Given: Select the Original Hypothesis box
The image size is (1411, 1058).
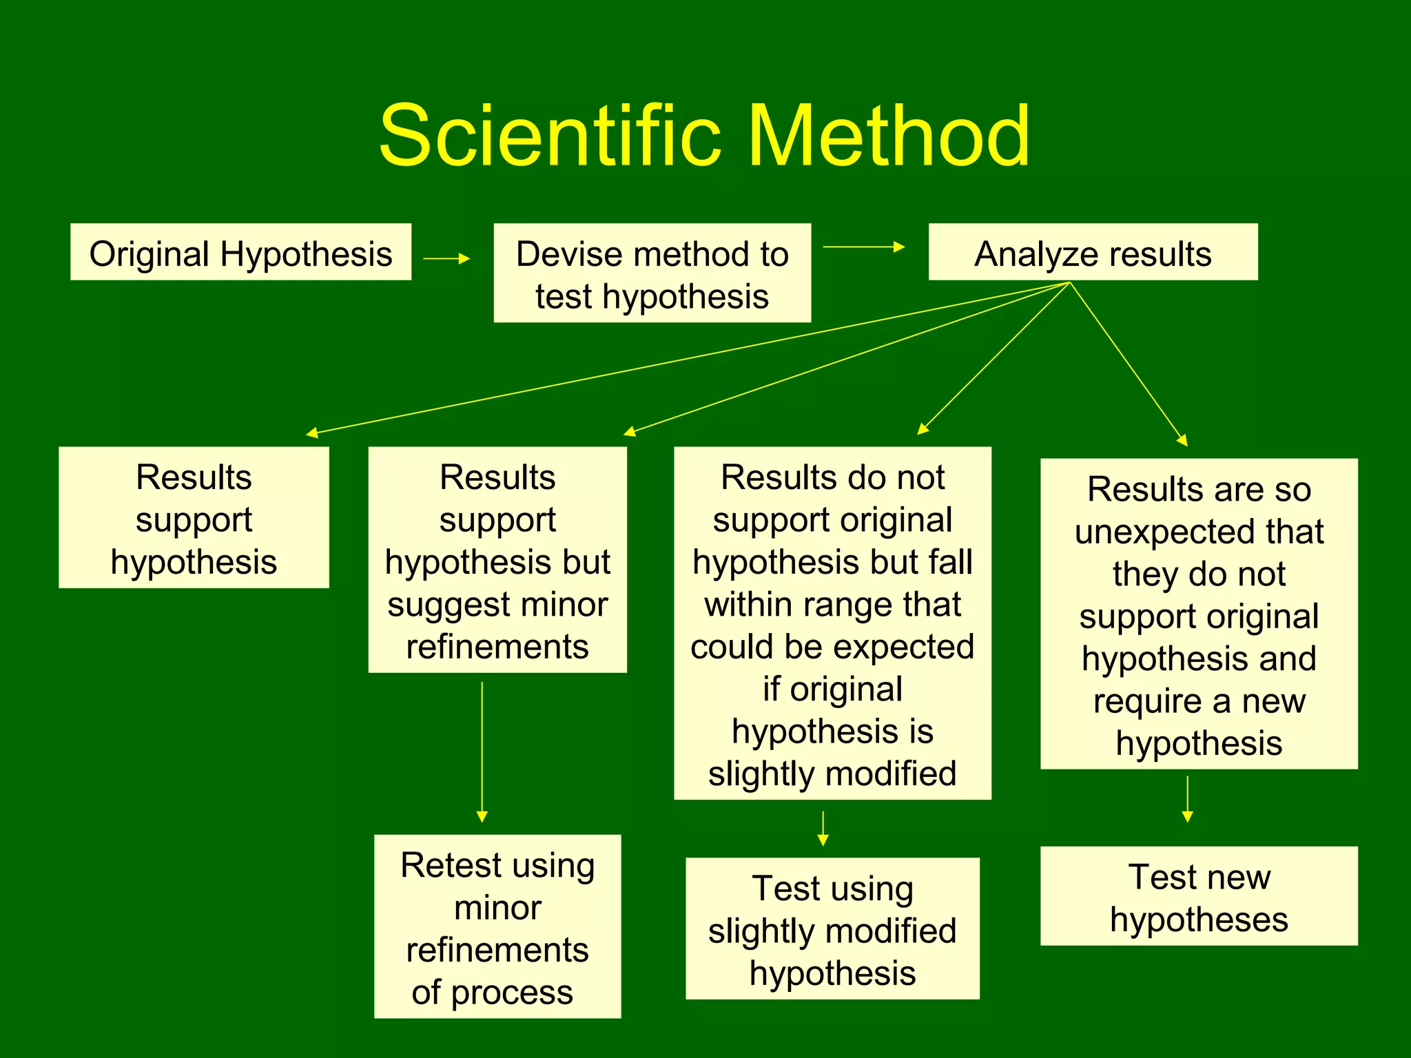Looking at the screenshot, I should point(240,252).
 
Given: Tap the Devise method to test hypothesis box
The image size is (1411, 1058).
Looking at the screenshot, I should point(652,273).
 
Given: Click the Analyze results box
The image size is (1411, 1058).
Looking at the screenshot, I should point(1093,252).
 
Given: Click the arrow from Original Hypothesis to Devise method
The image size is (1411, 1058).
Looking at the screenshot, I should point(446,258).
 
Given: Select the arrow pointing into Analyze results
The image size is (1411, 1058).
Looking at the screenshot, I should point(864,247).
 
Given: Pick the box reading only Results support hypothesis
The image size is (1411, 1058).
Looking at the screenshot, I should point(194,518).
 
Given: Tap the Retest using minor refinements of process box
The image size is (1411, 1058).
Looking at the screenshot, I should point(497,926).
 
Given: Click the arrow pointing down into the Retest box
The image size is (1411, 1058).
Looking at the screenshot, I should point(482,751).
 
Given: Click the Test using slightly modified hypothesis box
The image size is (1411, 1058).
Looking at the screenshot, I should point(832,929).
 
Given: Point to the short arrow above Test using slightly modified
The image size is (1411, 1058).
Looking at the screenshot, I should point(823,829).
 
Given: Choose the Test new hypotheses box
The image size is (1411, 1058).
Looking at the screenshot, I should point(1199,896).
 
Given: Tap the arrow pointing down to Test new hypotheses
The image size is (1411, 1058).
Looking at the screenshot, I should point(1187,799).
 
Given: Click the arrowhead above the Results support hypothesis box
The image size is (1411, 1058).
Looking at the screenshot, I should point(312,433).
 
